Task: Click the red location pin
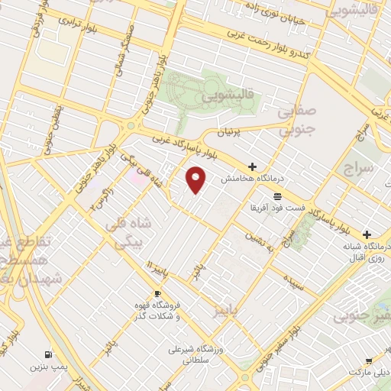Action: tap(196, 179)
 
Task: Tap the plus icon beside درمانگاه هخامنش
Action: tap(252, 166)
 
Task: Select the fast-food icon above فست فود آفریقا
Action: tap(275, 196)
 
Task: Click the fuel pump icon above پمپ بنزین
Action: tap(49, 354)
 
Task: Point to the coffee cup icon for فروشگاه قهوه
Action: tap(157, 293)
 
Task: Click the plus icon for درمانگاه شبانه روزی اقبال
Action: tap(367, 234)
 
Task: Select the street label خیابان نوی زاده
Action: tap(276, 13)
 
